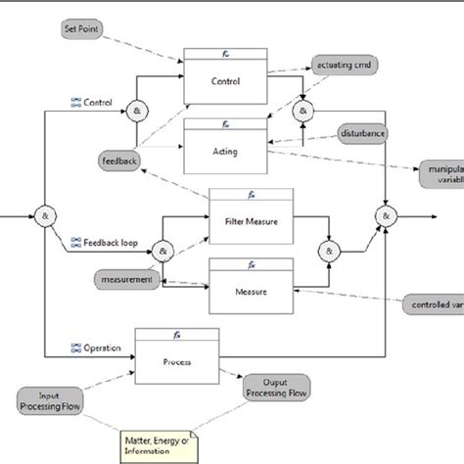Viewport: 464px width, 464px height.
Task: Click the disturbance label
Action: coord(362,131)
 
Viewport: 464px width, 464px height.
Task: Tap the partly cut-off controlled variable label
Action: coord(435,306)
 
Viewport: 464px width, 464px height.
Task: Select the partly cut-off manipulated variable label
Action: coord(440,173)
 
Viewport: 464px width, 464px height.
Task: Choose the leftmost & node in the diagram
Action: coord(45,215)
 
